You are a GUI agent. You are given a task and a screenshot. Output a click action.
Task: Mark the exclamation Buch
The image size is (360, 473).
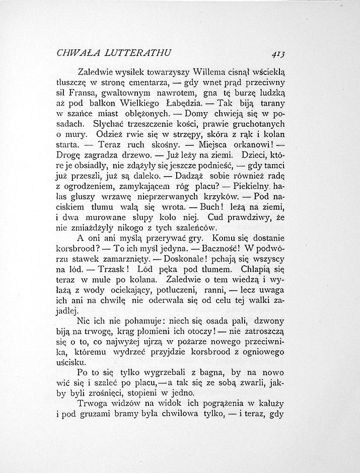[x=198, y=207]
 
